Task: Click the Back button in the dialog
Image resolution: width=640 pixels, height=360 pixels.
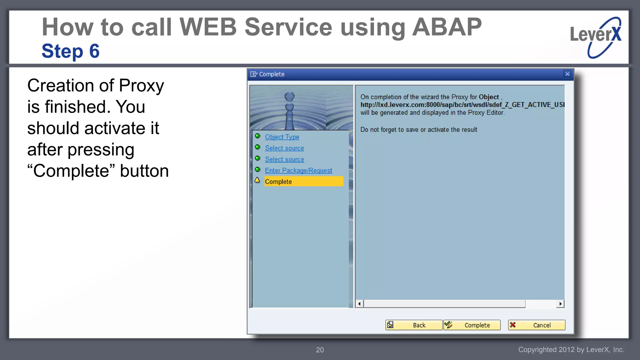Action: tap(414, 325)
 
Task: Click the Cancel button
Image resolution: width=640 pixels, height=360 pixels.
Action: tap(537, 325)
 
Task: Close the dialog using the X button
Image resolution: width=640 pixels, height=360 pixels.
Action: tap(567, 74)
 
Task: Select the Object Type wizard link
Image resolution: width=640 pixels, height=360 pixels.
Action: tap(282, 137)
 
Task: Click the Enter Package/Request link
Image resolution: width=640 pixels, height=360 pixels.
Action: tap(298, 171)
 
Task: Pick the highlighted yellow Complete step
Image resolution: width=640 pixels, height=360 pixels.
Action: tap(303, 182)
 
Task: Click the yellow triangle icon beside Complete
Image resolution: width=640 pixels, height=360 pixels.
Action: tap(257, 180)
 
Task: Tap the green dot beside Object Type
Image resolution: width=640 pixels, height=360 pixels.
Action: tap(257, 136)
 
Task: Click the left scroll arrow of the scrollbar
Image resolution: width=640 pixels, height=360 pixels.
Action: tap(359, 304)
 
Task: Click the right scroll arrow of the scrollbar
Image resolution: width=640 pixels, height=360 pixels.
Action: tap(560, 304)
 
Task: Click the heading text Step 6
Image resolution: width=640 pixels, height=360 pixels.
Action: tap(71, 51)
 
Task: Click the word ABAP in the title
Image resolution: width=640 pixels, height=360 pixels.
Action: tap(447, 27)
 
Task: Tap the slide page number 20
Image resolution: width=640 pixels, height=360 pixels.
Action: tap(320, 350)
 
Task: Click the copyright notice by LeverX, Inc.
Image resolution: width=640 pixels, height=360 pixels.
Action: tap(571, 350)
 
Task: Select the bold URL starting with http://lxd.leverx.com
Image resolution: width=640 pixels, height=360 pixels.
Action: tap(462, 105)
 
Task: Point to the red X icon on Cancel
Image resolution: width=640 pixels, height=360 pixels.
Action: tap(513, 325)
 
